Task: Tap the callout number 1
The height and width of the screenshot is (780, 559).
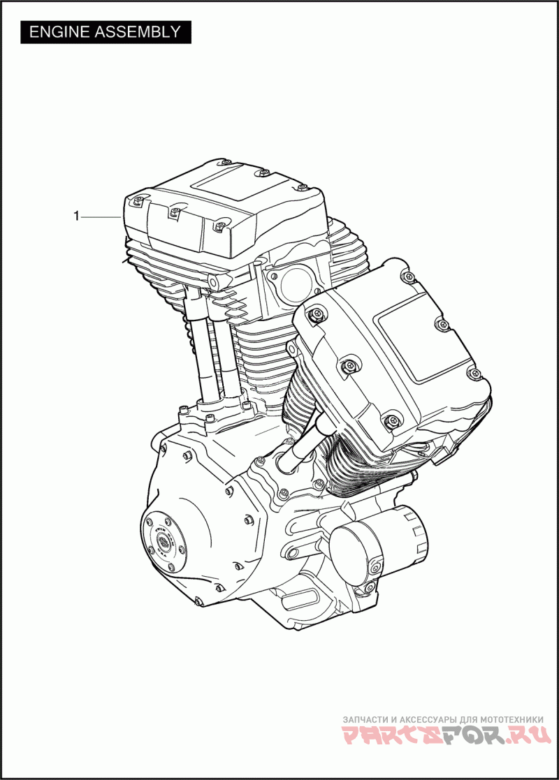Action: pos(76,216)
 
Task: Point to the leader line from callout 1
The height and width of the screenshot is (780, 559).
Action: pos(101,217)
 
